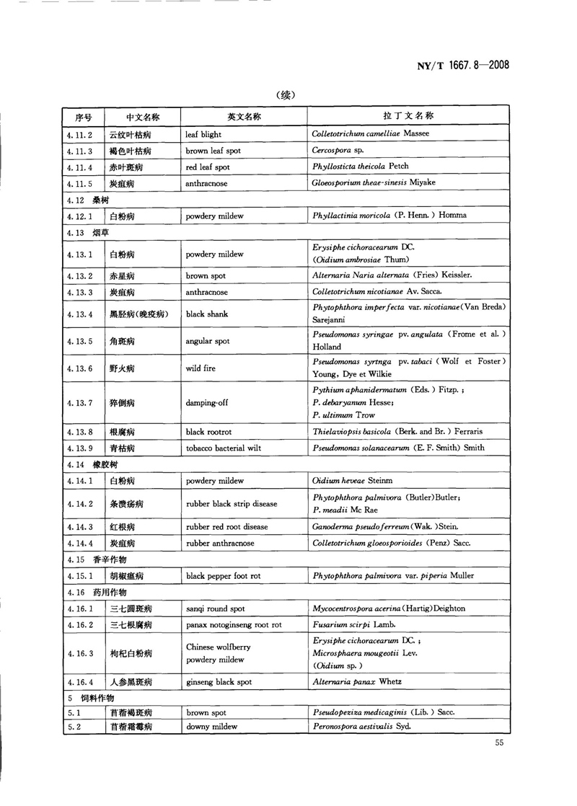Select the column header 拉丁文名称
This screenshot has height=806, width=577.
point(408,116)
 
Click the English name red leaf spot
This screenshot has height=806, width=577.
point(208,167)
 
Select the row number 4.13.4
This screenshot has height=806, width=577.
point(76,314)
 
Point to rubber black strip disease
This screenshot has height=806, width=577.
point(231,504)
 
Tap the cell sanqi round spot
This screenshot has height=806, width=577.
point(215,608)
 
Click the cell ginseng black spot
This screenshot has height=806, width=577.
point(217,681)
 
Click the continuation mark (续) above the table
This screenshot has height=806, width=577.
point(287,94)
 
